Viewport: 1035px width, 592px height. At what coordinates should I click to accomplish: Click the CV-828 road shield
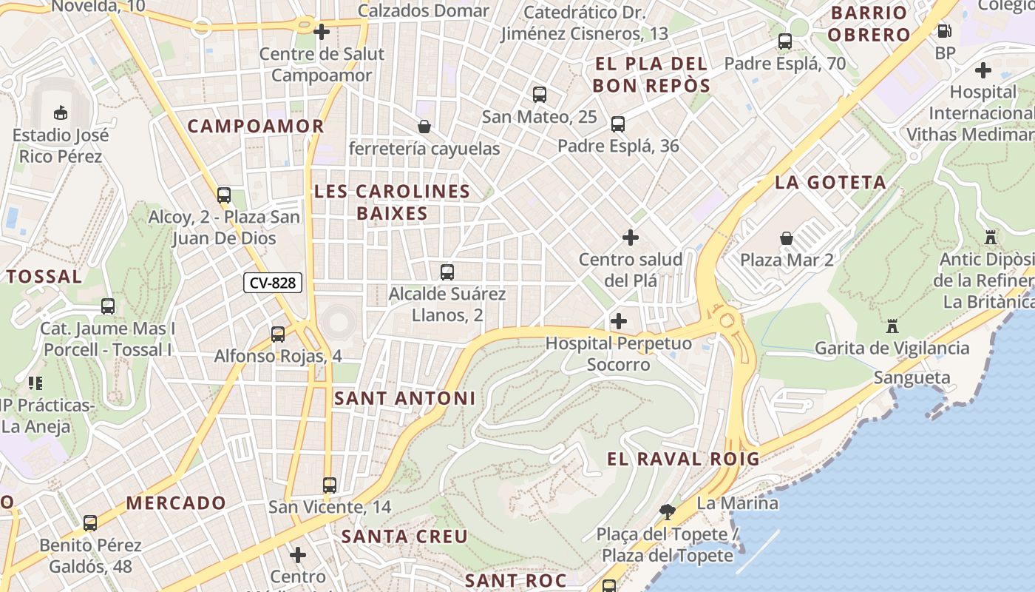(273, 283)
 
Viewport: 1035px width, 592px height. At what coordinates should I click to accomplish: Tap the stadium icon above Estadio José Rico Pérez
(60, 113)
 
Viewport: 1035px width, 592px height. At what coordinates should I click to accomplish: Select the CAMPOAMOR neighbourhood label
(256, 126)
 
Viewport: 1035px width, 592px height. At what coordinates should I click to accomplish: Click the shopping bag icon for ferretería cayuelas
(424, 127)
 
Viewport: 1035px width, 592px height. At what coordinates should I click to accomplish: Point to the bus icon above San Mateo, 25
(540, 95)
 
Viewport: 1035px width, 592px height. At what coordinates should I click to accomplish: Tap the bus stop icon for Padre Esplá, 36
(618, 124)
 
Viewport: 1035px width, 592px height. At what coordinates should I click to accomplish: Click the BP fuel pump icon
(944, 31)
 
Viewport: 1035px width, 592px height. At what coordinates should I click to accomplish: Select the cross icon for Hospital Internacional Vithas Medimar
(983, 70)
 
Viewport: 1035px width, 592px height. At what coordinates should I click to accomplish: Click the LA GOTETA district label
(830, 183)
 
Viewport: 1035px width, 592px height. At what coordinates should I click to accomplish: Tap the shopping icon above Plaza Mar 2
(787, 238)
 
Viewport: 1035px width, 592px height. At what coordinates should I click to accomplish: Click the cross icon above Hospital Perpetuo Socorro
(618, 321)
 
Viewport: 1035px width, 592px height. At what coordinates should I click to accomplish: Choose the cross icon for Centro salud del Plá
(630, 238)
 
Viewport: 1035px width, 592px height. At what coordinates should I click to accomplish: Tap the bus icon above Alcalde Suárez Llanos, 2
(447, 272)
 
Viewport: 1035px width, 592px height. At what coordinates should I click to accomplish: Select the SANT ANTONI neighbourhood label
(404, 398)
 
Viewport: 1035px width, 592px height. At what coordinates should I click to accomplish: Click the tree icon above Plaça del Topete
(667, 511)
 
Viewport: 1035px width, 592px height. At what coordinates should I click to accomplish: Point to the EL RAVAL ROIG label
(683, 459)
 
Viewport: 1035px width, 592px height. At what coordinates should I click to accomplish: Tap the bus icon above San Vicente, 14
(330, 485)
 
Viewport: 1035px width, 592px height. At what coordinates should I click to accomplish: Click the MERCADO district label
(176, 503)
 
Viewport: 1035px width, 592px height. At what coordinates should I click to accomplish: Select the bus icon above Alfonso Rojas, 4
(278, 334)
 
